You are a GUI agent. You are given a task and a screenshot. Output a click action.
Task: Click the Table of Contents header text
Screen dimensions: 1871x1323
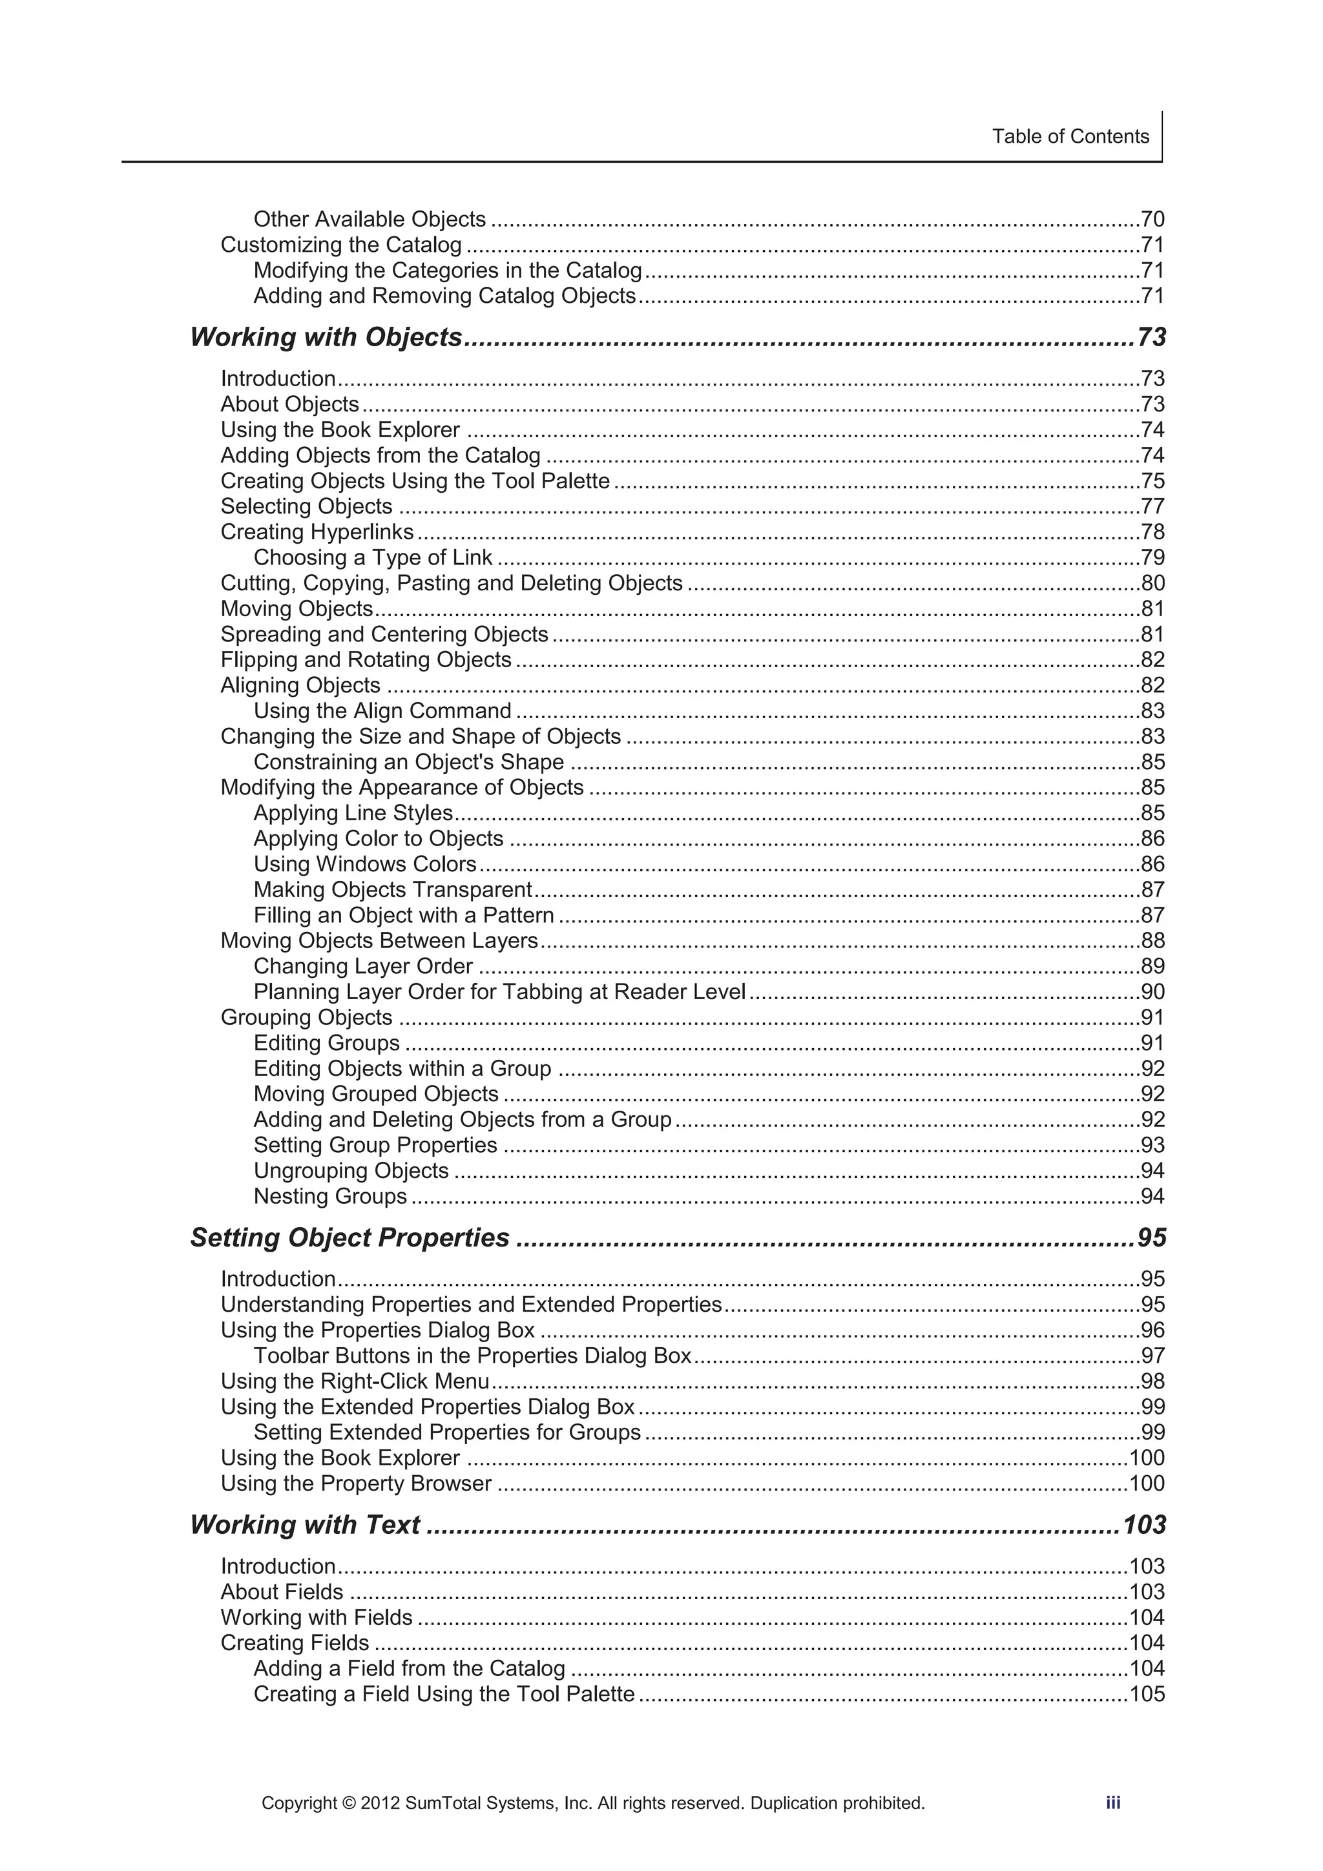coord(1070,136)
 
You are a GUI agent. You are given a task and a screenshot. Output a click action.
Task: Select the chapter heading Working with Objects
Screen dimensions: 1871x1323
coord(326,337)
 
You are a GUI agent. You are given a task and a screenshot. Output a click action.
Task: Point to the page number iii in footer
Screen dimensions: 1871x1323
coord(1112,1803)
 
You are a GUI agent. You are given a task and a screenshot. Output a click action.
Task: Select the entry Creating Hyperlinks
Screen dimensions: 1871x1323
coord(317,532)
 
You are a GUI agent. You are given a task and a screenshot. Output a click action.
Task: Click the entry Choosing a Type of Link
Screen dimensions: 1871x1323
coord(373,557)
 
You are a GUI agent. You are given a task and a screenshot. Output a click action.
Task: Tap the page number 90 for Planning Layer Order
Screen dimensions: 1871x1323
coord(1152,992)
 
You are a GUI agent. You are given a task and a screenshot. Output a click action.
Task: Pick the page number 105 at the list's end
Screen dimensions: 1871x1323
coord(1146,1693)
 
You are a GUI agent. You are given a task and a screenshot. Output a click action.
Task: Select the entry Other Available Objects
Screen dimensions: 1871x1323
coord(370,219)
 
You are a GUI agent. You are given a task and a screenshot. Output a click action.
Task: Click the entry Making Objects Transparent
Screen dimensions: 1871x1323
coord(392,889)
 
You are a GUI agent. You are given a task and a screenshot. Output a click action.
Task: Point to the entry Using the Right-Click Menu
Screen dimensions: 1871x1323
coord(355,1381)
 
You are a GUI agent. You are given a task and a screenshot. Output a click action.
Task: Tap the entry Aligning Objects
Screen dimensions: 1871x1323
coord(300,685)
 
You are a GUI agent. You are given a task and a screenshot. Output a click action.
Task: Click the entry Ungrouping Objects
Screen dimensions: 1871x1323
coord(351,1170)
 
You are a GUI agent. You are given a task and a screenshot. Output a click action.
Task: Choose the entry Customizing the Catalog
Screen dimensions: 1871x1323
coord(340,245)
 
